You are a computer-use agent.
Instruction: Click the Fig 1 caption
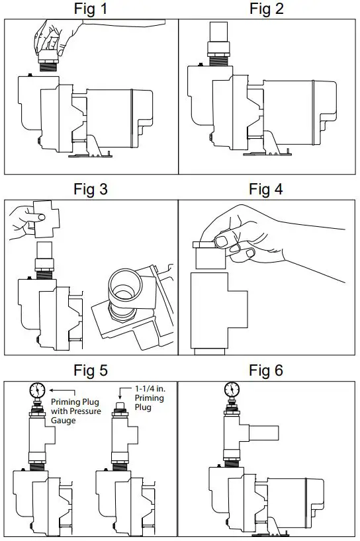point(91,9)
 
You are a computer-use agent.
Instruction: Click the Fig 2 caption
point(266,9)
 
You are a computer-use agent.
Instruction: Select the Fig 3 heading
point(91,189)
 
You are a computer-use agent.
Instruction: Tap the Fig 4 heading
point(266,189)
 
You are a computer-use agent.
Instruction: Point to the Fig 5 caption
point(91,370)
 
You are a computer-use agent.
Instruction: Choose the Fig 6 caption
point(266,370)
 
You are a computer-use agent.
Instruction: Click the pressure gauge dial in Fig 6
point(232,388)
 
